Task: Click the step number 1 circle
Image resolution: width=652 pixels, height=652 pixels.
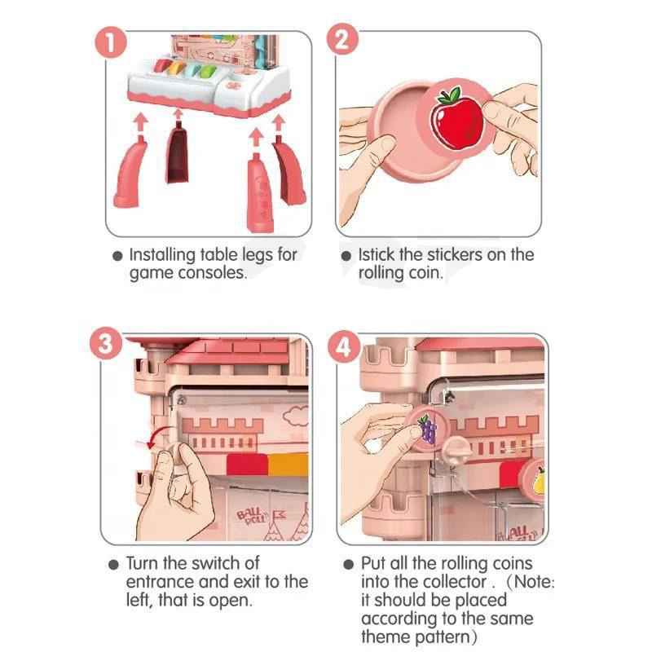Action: pyautogui.click(x=111, y=43)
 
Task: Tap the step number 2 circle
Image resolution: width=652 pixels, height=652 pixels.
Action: pyautogui.click(x=341, y=39)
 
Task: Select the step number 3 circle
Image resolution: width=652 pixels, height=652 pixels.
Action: pyautogui.click(x=106, y=344)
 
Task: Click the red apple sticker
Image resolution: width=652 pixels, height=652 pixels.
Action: pyautogui.click(x=456, y=118)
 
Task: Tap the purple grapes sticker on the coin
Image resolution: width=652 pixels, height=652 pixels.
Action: pyautogui.click(x=427, y=430)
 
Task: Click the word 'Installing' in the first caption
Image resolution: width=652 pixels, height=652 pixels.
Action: pyautogui.click(x=162, y=255)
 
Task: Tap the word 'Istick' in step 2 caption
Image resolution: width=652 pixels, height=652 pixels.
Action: pyautogui.click(x=376, y=254)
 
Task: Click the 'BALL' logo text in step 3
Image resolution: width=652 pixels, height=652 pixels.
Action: pyautogui.click(x=249, y=514)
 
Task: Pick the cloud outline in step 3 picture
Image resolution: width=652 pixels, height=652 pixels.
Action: pyautogui.click(x=296, y=416)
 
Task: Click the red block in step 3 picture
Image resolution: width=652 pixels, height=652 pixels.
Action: pyautogui.click(x=247, y=465)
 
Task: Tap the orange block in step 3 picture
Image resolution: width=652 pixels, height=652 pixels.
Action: pyautogui.click(x=288, y=465)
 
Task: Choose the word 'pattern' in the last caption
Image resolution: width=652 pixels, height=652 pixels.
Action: pyautogui.click(x=443, y=637)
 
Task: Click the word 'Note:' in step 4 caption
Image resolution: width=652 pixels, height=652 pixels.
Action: pyautogui.click(x=534, y=581)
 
